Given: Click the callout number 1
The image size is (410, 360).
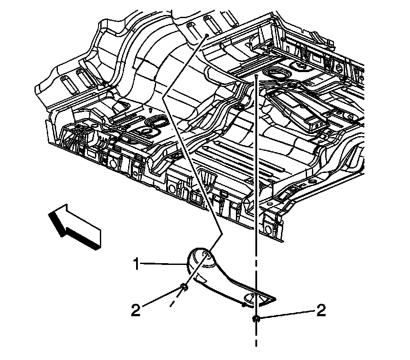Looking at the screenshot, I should tap(137, 265).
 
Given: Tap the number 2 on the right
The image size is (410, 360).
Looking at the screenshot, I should tap(321, 310).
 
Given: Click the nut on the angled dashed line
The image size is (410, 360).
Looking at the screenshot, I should tap(184, 288).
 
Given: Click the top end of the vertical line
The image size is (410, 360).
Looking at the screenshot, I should tap(255, 76).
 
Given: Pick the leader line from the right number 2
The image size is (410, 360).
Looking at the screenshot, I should tap(287, 314).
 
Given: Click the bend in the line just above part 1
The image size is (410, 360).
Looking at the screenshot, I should tap(220, 234).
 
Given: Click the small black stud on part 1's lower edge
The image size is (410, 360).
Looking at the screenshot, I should tap(243, 304).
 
